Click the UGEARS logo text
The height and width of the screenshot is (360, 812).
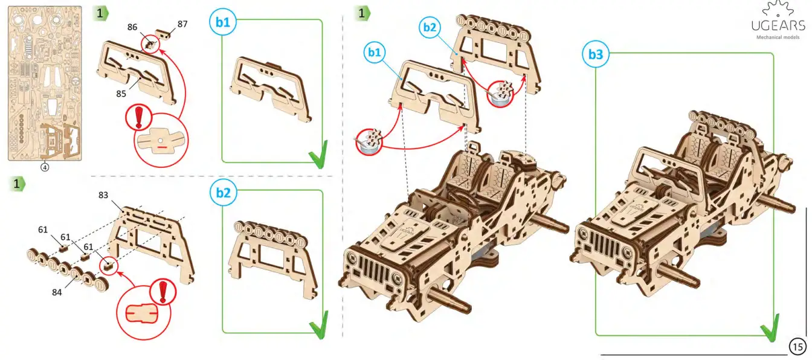point(778,26)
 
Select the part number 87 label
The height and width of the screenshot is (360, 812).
point(182,24)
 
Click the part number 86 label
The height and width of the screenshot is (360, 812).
point(133,28)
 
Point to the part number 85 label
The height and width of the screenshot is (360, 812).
point(122,94)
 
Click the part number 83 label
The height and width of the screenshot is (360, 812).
point(104,195)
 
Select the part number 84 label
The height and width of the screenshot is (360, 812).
point(57,292)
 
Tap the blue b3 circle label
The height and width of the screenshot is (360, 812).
point(595,54)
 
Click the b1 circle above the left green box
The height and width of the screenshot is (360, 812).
point(223,22)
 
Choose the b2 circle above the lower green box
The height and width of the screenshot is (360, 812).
point(223,193)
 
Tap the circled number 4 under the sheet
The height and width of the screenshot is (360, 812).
point(45,167)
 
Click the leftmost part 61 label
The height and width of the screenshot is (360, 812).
point(42,230)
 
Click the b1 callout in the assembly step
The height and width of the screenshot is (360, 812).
point(374,53)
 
